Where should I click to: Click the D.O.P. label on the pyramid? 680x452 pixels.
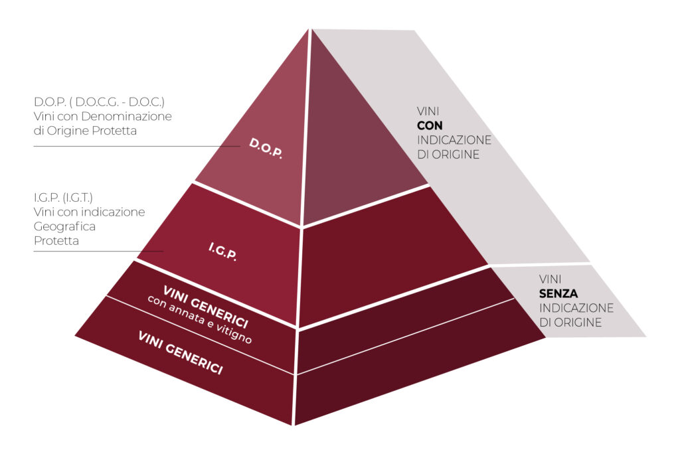(266, 148)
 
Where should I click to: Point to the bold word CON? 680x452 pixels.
(430, 125)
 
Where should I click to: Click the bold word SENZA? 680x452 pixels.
(558, 293)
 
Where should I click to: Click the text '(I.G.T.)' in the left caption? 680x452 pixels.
(78, 197)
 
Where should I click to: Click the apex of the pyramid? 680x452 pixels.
(310, 30)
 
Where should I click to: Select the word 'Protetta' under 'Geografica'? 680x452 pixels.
(56, 241)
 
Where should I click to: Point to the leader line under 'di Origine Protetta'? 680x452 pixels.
(133, 146)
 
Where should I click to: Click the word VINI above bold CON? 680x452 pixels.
(428, 111)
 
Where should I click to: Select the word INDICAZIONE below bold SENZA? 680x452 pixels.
(576, 308)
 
